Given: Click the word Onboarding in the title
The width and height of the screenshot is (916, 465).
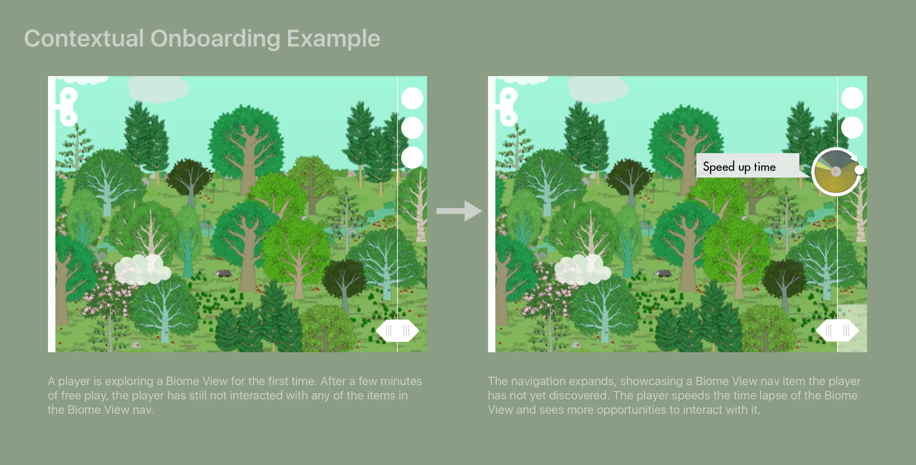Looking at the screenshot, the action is coord(215,39).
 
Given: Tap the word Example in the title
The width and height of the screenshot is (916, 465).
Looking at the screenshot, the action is coord(333,39).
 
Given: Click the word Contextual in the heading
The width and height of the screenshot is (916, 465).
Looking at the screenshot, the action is coord(84,39).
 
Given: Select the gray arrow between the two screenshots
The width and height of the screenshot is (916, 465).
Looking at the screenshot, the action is coord(459,211).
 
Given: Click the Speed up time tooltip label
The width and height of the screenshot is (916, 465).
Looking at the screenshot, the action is coord(739,167).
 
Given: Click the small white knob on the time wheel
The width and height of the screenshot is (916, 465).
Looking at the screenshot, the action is coord(859,170).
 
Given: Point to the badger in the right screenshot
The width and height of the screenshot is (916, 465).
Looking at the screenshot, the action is coord(663,273).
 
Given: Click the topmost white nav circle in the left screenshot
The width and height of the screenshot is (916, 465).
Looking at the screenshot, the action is coord(412,98).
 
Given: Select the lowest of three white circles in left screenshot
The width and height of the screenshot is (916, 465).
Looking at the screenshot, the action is coord(412,157).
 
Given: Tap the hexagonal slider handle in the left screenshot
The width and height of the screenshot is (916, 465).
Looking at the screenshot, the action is coord(398,331).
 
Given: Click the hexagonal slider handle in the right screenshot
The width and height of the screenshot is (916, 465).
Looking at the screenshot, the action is coord(837,331).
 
